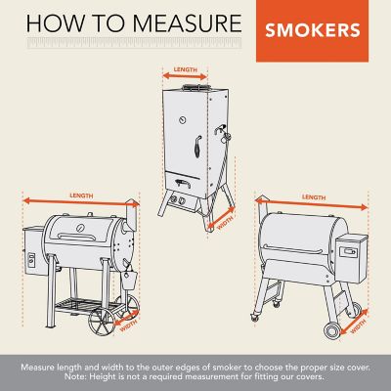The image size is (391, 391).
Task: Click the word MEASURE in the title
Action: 180,22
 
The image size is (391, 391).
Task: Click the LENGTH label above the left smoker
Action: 84,195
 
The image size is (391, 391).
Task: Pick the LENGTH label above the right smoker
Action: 314,196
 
